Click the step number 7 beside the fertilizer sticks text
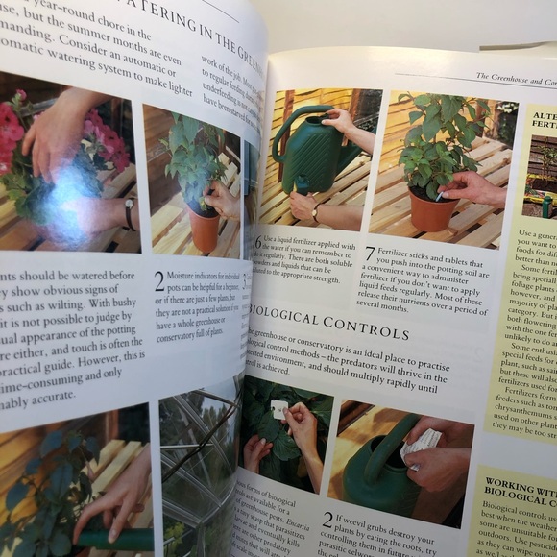371,254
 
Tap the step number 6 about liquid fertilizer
257,242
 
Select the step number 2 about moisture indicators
159,280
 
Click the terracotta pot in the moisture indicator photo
203,229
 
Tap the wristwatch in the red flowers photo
130,213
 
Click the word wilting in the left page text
76,308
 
